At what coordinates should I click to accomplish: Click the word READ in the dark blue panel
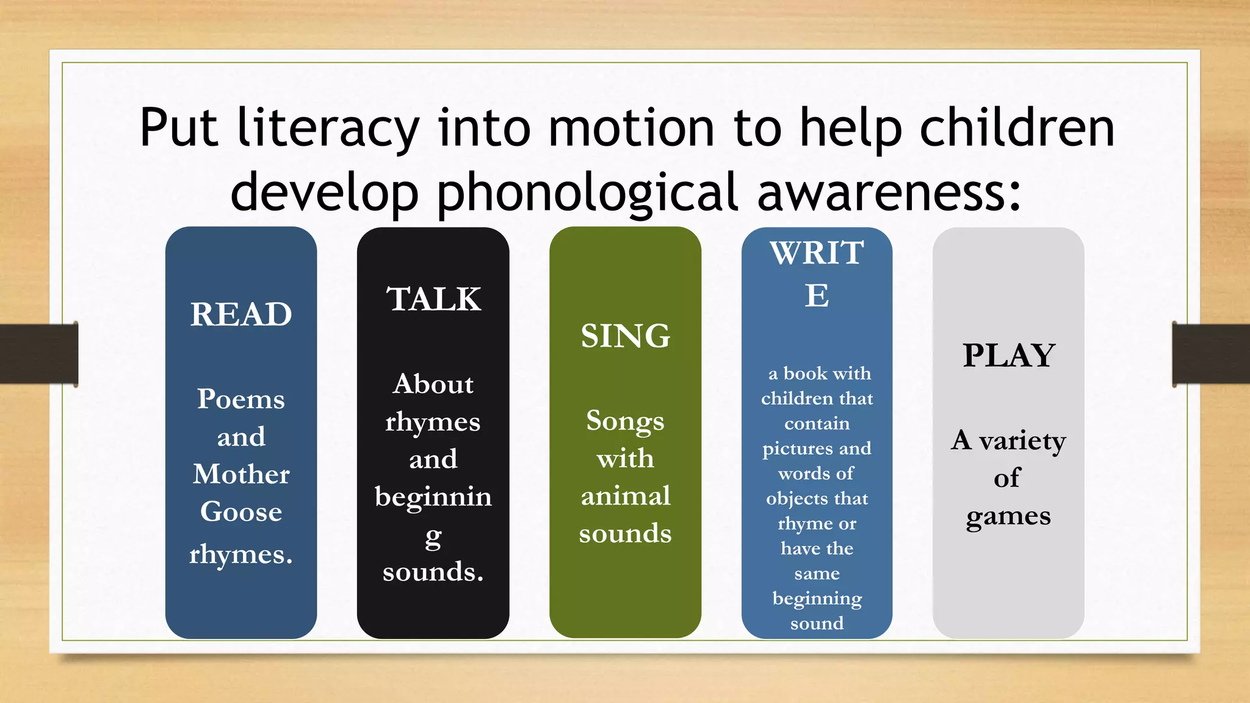pos(241,315)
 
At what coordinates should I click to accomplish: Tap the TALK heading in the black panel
pos(433,300)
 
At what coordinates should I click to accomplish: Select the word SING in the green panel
pos(625,336)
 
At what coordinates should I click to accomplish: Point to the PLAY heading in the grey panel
pos(1008,356)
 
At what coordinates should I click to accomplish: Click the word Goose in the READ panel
pos(241,511)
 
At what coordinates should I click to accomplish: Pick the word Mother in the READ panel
pos(241,474)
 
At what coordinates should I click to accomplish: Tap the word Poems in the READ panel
pos(241,399)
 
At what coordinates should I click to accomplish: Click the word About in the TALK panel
pos(433,384)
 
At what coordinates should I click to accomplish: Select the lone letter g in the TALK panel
pos(433,538)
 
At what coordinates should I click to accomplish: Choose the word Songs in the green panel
pos(625,421)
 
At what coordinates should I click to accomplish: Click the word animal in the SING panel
pos(626,496)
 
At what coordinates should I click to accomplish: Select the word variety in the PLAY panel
pos(1022,441)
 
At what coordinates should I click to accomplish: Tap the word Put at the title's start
pos(178,128)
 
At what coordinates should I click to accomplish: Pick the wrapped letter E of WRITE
pos(817,296)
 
